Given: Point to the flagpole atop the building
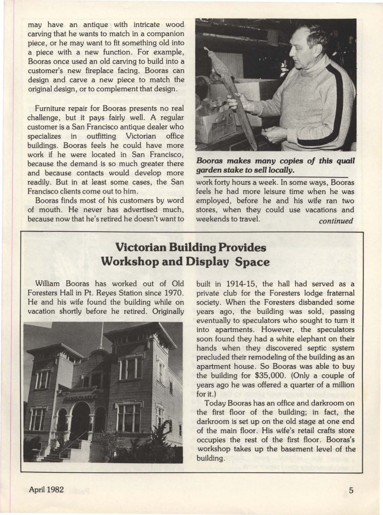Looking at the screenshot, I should click(x=101, y=335).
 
